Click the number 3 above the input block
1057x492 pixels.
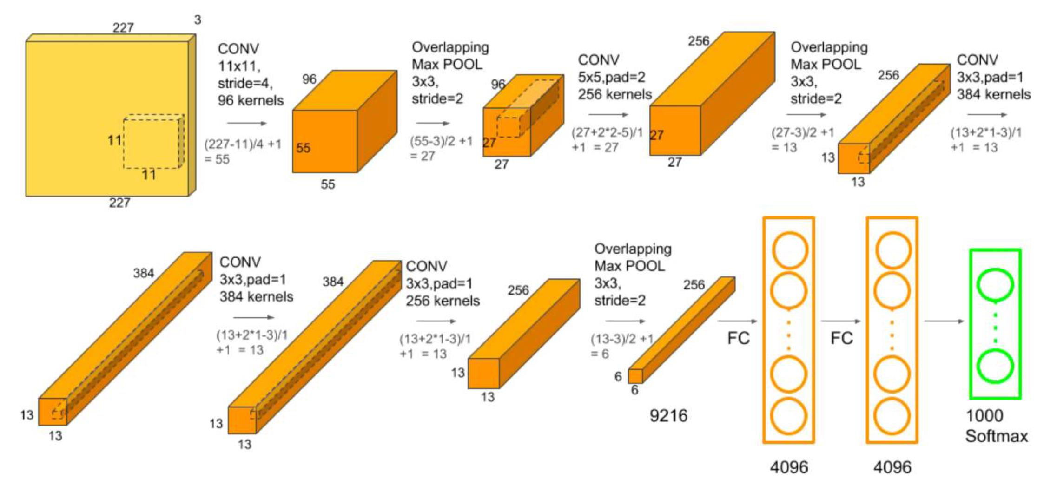pyautogui.click(x=198, y=20)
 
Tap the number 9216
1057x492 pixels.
pyautogui.click(x=668, y=416)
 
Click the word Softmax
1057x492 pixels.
pyautogui.click(x=997, y=436)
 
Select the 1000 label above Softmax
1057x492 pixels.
pyautogui.click(x=984, y=415)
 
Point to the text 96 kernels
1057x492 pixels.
pyautogui.click(x=251, y=100)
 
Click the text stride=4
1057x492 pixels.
pyautogui.click(x=245, y=83)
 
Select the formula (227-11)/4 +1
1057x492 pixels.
pyautogui.click(x=243, y=144)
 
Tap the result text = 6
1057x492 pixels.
pyautogui.click(x=600, y=354)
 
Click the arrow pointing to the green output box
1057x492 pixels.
pyautogui.click(x=944, y=321)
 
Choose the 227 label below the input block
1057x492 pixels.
pyautogui.click(x=119, y=203)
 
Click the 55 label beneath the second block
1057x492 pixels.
pyautogui.click(x=328, y=184)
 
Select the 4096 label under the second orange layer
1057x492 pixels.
pyautogui.click(x=892, y=467)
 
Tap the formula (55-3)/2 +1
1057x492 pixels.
pyautogui.click(x=441, y=141)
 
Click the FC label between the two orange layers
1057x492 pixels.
pyautogui.click(x=842, y=338)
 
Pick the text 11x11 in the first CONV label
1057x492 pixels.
pyautogui.click(x=238, y=66)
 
